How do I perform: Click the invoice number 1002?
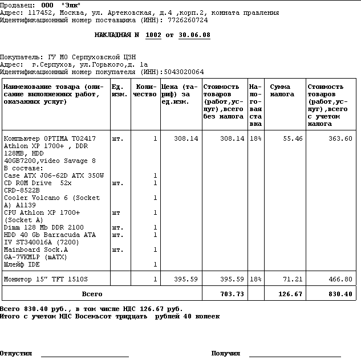[x=153, y=35]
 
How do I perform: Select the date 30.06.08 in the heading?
[x=194, y=35]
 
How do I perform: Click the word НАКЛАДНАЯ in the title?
[x=113, y=35]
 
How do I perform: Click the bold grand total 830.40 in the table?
[x=340, y=294]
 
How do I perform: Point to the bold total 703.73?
[x=232, y=294]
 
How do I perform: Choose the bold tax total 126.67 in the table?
[x=290, y=294]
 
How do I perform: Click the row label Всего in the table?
[x=92, y=294]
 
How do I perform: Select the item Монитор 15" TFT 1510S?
[x=46, y=279]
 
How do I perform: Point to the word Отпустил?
[x=16, y=353]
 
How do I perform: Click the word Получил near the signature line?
[x=225, y=353]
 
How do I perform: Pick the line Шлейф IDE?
[x=22, y=264]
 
